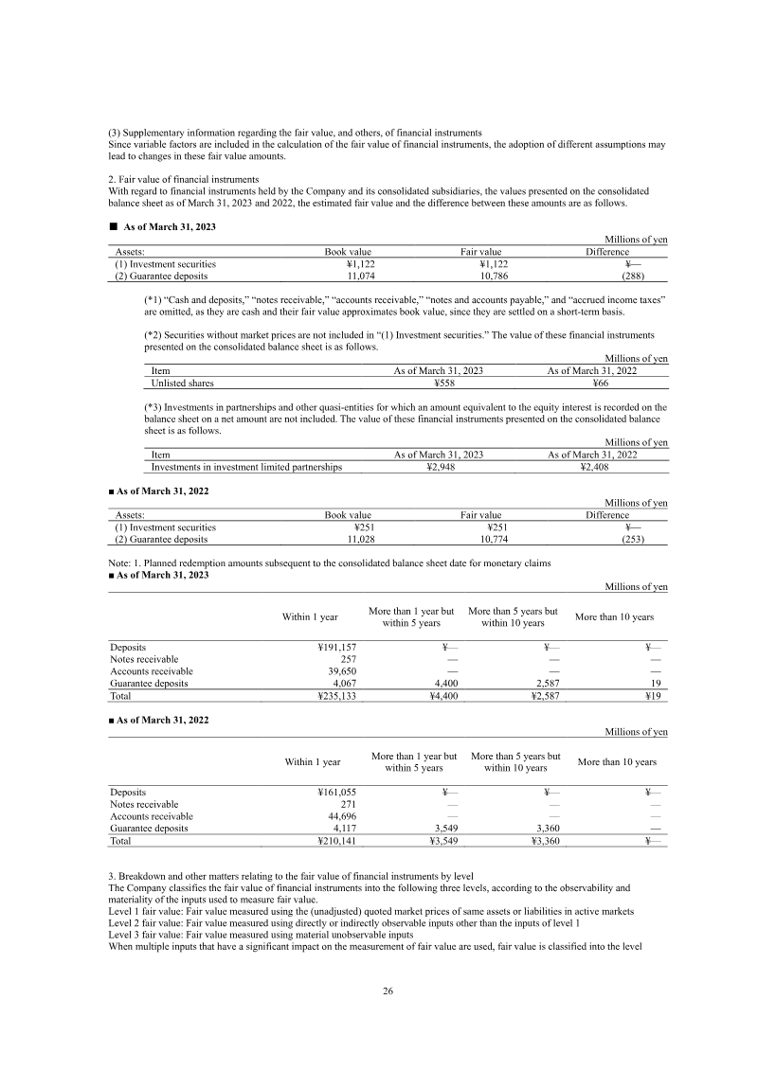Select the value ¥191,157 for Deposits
336,647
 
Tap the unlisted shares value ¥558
438,384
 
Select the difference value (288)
633,277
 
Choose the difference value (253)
633,539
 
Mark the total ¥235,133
336,696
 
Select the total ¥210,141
336,840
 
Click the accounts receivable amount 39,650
341,671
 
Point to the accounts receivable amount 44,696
341,815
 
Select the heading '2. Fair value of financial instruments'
181,179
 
